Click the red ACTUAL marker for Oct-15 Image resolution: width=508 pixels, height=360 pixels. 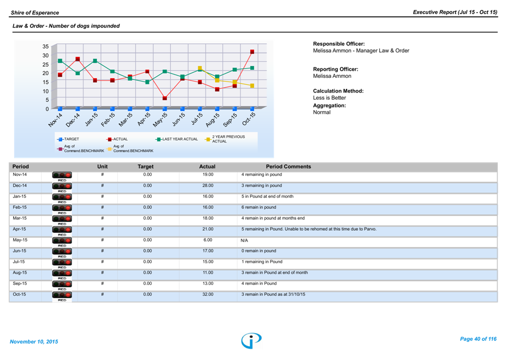click(x=252, y=52)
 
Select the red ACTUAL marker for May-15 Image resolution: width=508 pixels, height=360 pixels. click(x=165, y=99)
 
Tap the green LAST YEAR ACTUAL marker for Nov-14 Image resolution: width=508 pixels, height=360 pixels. click(x=60, y=61)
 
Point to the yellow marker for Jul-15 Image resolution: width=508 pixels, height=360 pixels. click(x=200, y=68)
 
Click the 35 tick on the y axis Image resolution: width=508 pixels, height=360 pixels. click(x=45, y=47)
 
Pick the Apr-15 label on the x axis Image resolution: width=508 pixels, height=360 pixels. click(x=144, y=119)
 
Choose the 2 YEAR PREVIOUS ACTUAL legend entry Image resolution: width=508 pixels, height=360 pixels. click(x=228, y=139)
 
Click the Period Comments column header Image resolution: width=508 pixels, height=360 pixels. click(x=288, y=167)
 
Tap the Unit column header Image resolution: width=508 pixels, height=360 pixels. click(x=102, y=167)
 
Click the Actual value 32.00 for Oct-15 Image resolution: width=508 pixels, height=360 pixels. click(x=208, y=294)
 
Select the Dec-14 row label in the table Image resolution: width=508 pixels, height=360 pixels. click(x=20, y=186)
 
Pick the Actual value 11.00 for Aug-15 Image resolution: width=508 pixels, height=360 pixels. click(x=208, y=272)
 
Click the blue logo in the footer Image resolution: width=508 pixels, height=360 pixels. click(x=251, y=340)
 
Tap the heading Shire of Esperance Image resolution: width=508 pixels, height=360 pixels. click(x=35, y=12)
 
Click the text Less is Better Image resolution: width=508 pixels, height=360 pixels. click(x=330, y=98)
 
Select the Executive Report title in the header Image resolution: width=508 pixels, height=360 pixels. click(x=455, y=12)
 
